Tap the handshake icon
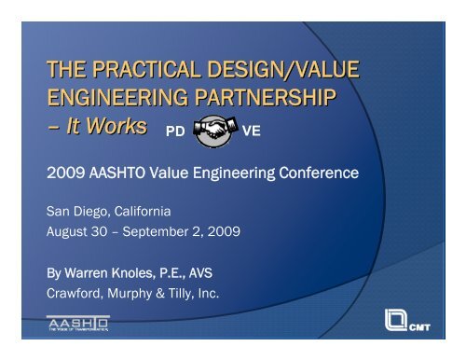click(x=219, y=132)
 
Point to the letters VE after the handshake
click(x=251, y=133)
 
